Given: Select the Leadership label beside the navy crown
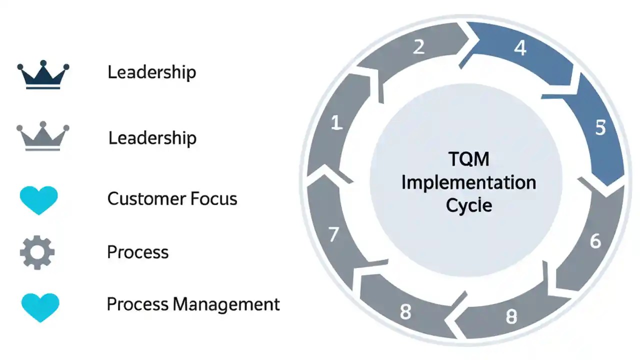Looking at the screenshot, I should [151, 72].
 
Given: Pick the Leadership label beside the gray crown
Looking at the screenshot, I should [152, 138].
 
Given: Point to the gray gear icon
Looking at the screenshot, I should [37, 253].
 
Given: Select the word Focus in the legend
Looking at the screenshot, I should [213, 199].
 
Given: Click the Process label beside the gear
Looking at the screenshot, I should [137, 252].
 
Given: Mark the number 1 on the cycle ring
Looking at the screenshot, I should [337, 123].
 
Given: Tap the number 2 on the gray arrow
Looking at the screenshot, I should [418, 46].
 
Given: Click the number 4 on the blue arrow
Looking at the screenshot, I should [520, 48].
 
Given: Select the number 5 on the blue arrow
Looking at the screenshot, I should [600, 128].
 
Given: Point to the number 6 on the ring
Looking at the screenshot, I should [595, 241].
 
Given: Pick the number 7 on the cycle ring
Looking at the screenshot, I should [334, 234].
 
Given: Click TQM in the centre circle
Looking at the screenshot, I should [468, 160].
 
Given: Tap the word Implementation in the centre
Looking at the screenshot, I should [468, 182].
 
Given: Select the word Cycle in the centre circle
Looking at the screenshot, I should [468, 205].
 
